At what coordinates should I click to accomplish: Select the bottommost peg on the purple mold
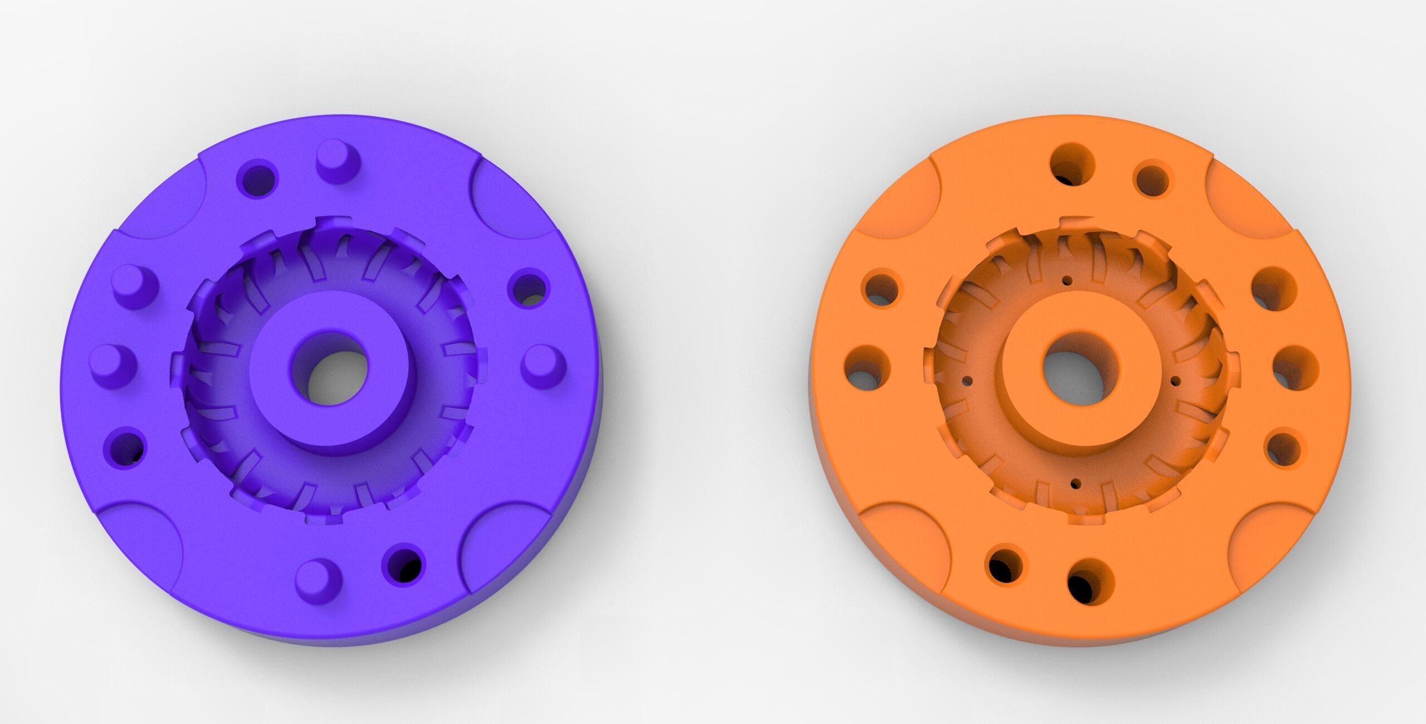(x=318, y=578)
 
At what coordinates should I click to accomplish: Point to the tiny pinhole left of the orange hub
(x=968, y=381)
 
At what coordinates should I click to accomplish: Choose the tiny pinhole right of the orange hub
(x=1175, y=381)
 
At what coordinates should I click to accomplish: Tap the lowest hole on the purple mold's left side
(x=125, y=448)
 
